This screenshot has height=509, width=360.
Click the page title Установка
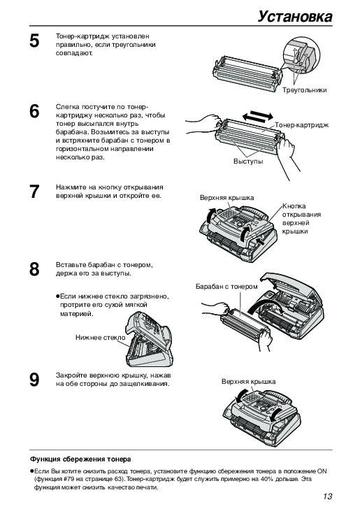295,17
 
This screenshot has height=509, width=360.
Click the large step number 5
34,41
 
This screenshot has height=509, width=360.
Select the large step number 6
34,111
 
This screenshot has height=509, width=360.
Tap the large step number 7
34,192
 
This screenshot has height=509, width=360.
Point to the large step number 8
34,269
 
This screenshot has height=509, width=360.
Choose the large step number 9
34,380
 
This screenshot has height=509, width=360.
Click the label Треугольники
304,90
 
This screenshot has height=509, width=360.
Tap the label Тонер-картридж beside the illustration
301,125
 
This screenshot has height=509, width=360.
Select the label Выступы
248,162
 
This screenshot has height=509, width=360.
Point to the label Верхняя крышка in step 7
227,198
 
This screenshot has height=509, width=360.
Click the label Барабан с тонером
226,287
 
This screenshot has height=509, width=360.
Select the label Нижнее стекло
100,338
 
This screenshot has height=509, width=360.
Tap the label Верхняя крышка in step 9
249,382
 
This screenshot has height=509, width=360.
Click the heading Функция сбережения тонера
80,459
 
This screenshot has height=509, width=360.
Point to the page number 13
328,496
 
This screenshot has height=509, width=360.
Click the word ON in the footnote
322,471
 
